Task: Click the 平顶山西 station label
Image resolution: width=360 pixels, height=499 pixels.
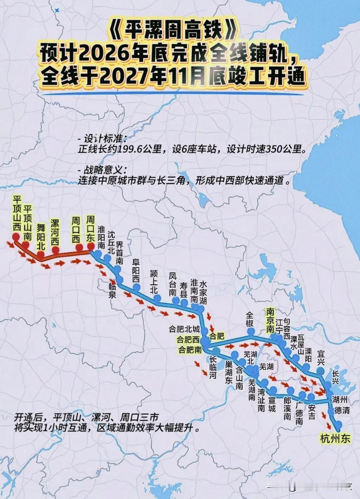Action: [x=16, y=213]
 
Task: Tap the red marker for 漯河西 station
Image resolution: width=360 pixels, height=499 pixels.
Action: [x=56, y=250]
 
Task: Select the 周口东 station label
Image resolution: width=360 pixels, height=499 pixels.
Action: [x=90, y=228]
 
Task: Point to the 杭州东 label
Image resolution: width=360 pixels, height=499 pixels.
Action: [x=335, y=439]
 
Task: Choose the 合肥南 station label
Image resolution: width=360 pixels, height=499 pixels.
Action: [x=190, y=350]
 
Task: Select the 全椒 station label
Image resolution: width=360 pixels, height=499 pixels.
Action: [x=250, y=318]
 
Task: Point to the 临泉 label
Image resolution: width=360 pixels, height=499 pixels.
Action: [x=112, y=290]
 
